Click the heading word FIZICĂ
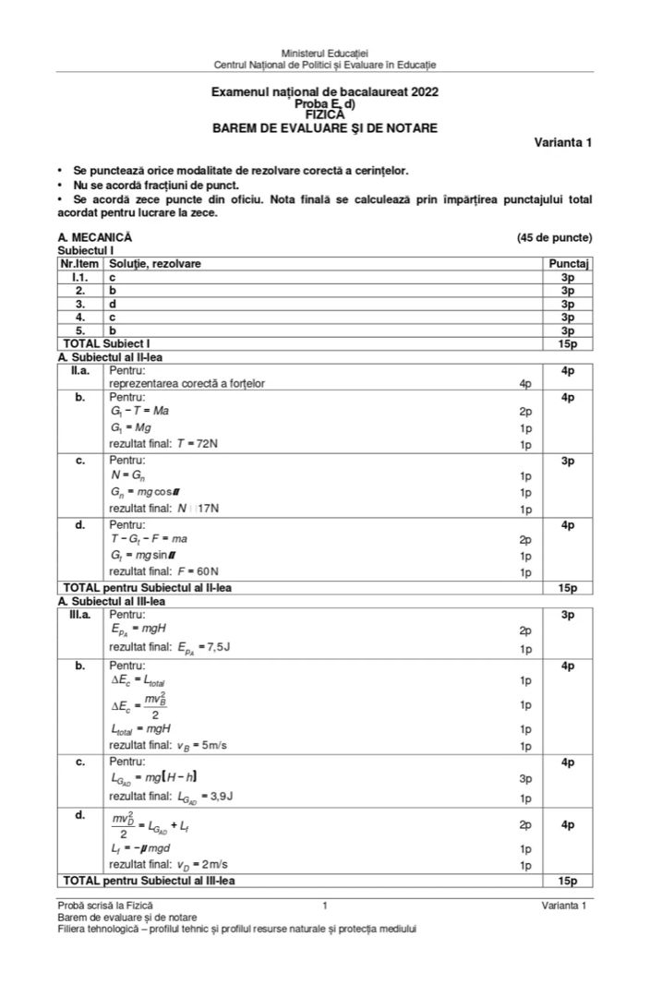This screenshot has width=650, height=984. coord(324,115)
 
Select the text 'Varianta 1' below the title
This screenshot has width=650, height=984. coord(562,142)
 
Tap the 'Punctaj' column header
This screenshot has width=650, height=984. coord(568,264)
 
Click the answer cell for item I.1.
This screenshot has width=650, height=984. coord(113,277)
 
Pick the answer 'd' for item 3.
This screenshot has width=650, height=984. coord(113,303)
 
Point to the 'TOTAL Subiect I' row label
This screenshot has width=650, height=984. coord(106,343)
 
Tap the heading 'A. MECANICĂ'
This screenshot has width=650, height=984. coord(94,237)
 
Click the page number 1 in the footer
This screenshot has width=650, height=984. coord(325,906)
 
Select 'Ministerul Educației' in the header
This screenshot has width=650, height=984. coord(325,54)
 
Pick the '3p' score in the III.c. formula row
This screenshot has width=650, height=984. coord(525,779)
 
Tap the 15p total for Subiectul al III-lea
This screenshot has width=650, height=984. coord(568,881)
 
